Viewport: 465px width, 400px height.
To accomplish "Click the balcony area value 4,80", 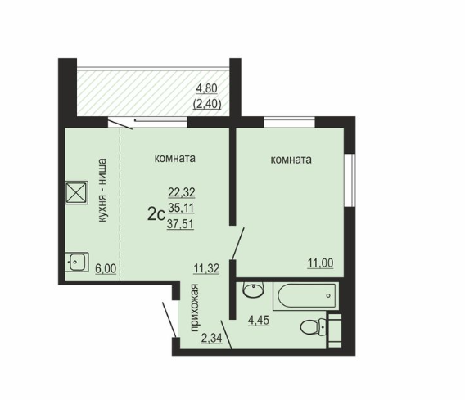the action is tap(207, 88).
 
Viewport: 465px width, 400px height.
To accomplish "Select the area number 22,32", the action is tap(182, 192).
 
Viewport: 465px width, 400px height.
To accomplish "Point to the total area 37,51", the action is tap(180, 224).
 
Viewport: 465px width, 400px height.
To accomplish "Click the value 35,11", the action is tap(181, 209).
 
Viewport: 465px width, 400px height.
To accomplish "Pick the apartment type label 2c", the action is tap(156, 215).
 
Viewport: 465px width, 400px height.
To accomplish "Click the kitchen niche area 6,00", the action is tap(106, 269).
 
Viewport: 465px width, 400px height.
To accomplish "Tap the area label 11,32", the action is tap(206, 268).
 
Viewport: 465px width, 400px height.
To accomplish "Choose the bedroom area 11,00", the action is tap(320, 263).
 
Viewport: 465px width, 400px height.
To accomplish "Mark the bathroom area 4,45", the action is tap(259, 321).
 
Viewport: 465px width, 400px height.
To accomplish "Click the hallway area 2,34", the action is tap(211, 338).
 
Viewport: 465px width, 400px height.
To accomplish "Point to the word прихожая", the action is tap(194, 308).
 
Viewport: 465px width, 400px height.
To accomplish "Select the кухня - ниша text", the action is tap(102, 191).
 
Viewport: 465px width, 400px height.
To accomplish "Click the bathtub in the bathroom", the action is tap(305, 295).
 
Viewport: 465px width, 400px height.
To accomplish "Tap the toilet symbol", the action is tap(321, 327).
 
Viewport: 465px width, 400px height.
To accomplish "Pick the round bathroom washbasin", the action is tap(253, 290).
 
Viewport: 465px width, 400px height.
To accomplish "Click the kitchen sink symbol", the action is tap(76, 262).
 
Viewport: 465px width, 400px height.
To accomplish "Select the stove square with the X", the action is tap(76, 193).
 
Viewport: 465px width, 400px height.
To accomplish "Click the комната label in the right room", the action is tap(291, 160).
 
